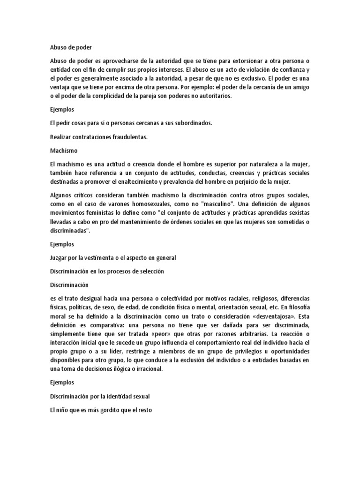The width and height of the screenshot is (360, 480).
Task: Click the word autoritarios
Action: click(x=210, y=97)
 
